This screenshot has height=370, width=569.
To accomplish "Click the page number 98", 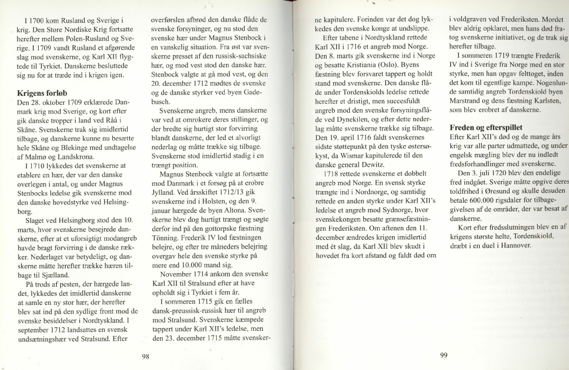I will pos(145,356).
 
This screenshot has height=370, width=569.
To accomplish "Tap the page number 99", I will pos(444,356).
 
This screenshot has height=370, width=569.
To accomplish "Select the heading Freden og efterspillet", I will pos(483,127).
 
